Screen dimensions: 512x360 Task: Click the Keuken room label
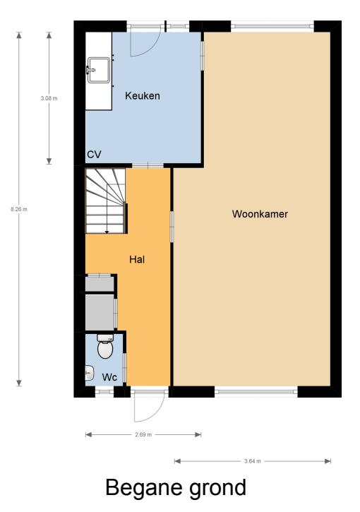143,96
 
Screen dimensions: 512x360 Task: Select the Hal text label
137,259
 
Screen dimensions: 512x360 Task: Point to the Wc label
109,377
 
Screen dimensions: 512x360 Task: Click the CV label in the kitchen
95,154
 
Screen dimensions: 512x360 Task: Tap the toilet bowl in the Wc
105,347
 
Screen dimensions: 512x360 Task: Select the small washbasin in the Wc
90,373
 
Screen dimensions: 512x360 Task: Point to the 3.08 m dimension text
49,98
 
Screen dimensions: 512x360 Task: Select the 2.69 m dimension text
143,435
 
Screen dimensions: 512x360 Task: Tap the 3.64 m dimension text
253,461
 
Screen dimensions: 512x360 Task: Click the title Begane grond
176,487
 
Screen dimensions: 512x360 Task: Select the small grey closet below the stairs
99,283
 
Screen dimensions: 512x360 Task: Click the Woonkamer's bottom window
256,391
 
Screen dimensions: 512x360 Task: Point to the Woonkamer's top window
272,27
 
